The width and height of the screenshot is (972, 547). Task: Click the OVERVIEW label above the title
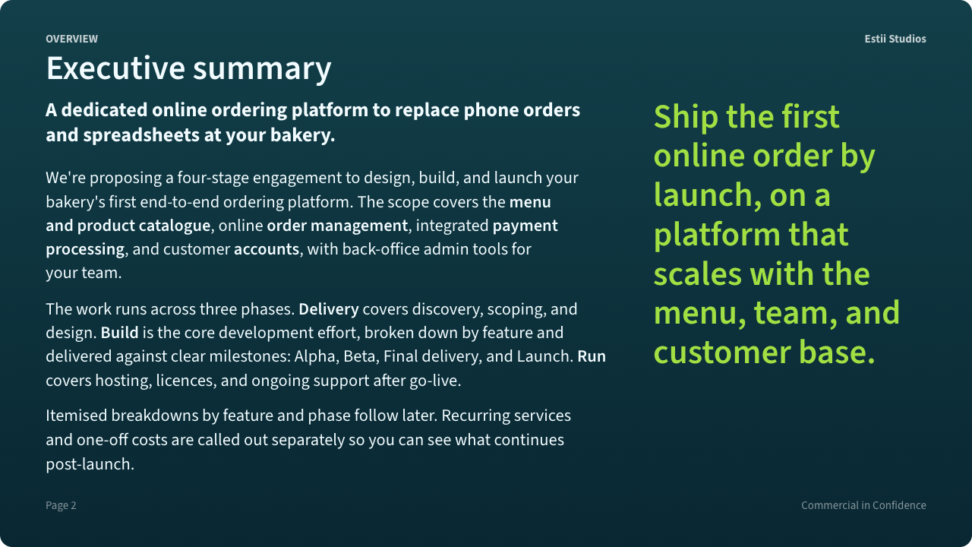(71, 39)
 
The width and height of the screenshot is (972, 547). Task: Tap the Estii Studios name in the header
(895, 39)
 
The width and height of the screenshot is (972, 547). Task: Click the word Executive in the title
(116, 68)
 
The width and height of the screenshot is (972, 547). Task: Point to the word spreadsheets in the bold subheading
(141, 135)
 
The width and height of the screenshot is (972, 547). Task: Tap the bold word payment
(525, 226)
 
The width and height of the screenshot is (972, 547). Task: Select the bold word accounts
(267, 249)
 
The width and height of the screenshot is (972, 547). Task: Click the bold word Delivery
(329, 309)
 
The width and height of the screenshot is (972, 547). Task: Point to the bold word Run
(592, 356)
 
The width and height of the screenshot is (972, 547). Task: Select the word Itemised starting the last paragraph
(77, 416)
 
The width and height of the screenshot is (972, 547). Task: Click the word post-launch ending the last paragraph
(90, 464)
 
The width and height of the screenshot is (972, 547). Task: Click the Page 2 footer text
(61, 505)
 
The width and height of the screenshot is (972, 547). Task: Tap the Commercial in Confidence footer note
(863, 505)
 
